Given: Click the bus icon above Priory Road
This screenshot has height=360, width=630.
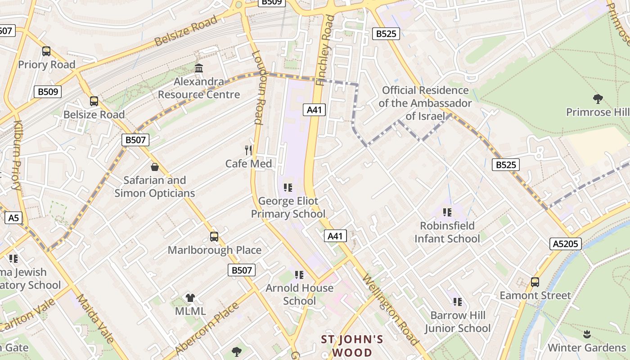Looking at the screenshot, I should (x=46, y=51).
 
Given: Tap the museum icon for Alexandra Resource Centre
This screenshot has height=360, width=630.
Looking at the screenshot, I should (x=198, y=68).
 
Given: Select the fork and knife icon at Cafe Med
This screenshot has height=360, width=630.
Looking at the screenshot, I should (x=248, y=150).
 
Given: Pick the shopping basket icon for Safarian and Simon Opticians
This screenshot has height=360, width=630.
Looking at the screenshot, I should (x=155, y=167).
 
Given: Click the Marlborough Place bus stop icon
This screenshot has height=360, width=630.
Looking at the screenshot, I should (x=214, y=236).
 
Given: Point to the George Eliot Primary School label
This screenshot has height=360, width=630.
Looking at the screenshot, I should (x=288, y=207).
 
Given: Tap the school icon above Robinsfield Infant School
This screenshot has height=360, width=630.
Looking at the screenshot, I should (x=447, y=212).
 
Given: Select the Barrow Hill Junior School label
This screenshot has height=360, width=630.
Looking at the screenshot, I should (x=458, y=322).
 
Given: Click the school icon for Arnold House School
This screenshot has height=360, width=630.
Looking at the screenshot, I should (x=299, y=274).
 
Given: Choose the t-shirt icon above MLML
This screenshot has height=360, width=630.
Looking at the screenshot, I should (x=190, y=297).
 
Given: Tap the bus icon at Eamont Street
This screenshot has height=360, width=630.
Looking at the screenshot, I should (x=535, y=282).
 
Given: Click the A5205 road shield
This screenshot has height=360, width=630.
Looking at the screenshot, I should (x=566, y=244).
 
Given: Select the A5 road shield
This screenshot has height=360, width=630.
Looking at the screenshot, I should (x=13, y=218).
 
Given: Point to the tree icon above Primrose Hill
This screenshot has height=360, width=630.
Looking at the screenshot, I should (x=598, y=99).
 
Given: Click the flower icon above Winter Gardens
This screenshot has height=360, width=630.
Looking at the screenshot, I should (x=587, y=334).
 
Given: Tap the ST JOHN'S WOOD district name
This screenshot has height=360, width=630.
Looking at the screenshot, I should (x=352, y=346).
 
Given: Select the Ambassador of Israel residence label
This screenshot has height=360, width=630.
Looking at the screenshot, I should (x=425, y=103).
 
